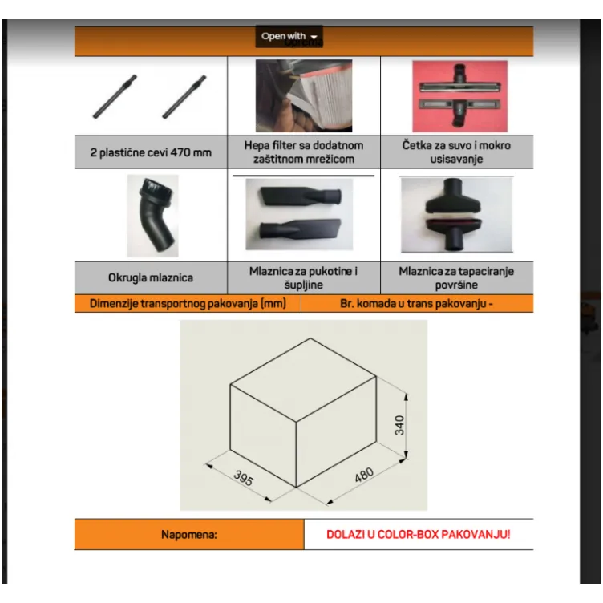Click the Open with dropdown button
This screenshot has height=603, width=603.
tap(289, 37)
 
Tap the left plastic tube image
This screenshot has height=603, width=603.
tap(115, 96)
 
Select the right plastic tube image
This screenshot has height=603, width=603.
tap(184, 96)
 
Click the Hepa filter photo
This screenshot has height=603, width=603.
tap(304, 95)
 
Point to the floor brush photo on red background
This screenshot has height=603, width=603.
tap(460, 96)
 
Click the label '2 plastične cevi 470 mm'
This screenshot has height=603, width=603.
tap(151, 152)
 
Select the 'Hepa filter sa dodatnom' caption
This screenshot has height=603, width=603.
tap(304, 145)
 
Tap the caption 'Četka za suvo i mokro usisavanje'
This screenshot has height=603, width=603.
tap(456, 152)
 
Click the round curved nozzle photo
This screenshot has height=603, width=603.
tap(152, 216)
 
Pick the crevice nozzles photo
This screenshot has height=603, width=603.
tap(299, 214)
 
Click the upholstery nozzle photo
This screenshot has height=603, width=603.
tap(456, 215)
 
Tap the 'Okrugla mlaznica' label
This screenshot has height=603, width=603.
tap(151, 277)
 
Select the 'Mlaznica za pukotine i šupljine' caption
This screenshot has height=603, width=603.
tap(303, 278)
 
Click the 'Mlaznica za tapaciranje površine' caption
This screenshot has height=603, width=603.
tap(456, 278)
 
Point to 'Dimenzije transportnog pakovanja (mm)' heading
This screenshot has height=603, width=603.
tap(188, 303)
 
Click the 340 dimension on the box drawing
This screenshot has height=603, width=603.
tap(399, 425)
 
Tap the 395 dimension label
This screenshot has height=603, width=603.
tap(244, 478)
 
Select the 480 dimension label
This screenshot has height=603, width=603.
tap(364, 475)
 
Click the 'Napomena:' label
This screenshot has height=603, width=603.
tap(189, 535)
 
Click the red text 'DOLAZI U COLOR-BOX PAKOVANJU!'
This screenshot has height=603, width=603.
tap(419, 535)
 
